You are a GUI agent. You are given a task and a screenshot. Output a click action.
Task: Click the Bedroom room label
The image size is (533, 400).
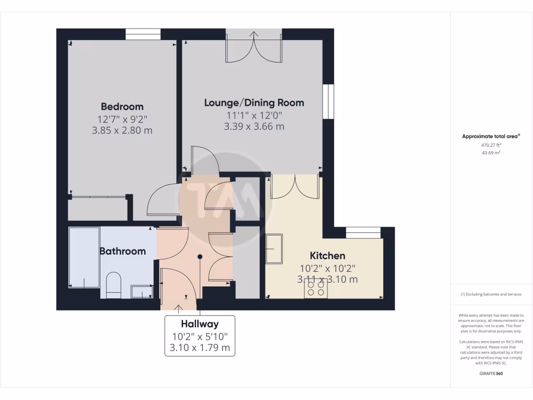pyautogui.click(x=122, y=107)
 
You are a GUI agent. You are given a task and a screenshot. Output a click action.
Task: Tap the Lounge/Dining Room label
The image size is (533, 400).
pyautogui.click(x=254, y=103)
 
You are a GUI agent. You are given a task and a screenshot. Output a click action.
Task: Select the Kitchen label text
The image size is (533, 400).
pyautogui.click(x=327, y=256)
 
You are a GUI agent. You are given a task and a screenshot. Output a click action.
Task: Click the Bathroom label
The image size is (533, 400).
pyautogui.click(x=122, y=251)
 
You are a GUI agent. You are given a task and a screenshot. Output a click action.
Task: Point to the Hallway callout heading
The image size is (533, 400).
pyautogui.click(x=200, y=324)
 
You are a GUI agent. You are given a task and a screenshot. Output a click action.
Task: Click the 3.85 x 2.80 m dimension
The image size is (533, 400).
pyautogui.click(x=122, y=130)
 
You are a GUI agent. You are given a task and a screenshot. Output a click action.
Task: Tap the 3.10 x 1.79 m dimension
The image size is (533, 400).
pyautogui.click(x=200, y=347)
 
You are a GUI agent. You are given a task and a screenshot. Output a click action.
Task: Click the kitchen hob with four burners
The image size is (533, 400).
pyautogui.click(x=316, y=289)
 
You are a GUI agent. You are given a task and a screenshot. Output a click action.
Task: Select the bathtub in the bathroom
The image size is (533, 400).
pyautogui.click(x=84, y=257)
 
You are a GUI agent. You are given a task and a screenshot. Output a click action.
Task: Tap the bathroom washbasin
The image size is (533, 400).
pyautogui.click(x=142, y=291)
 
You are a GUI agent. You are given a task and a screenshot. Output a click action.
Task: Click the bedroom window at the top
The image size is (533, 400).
pyautogui.click(x=143, y=34)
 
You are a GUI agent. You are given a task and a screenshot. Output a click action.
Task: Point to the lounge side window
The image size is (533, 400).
pyautogui.click(x=328, y=102)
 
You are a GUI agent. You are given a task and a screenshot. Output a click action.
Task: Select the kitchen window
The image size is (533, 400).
pyautogui.click(x=363, y=232)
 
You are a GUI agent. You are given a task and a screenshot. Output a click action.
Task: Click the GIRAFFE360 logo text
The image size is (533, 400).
pyautogui.click(x=491, y=373)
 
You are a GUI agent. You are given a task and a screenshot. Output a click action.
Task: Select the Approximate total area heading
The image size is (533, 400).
pyautogui.click(x=490, y=136)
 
